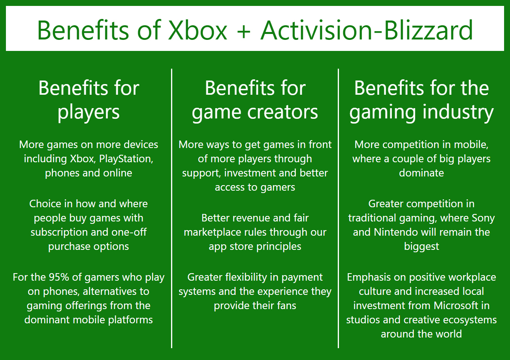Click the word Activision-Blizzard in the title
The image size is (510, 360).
[x=367, y=30]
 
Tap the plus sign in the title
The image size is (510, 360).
[x=244, y=30]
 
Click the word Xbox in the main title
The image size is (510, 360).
[x=198, y=30]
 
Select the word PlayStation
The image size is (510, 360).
[x=126, y=159]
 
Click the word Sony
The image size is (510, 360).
[x=483, y=218]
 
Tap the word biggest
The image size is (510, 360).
[x=422, y=246]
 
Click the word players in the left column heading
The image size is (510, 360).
[x=88, y=112]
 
